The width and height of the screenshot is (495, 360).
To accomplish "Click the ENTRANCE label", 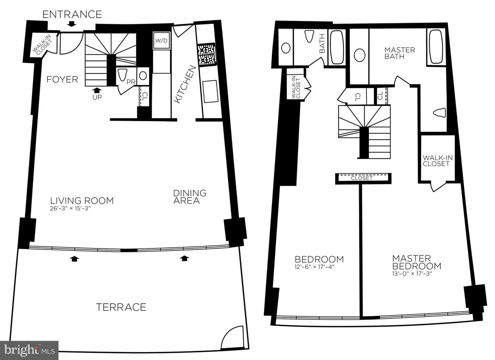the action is click(72, 14).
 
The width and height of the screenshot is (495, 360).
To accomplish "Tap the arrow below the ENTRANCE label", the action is click(71, 24).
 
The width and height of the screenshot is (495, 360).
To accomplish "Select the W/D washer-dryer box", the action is click(162, 41).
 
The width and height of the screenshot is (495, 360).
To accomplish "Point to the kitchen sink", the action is click(210, 91).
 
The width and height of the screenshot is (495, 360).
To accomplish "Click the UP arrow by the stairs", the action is click(97, 90).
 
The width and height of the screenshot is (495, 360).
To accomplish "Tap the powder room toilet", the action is click(123, 75).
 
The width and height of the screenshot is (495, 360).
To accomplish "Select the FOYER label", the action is click(62, 79).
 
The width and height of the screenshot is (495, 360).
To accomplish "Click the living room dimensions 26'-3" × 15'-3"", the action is click(70, 208).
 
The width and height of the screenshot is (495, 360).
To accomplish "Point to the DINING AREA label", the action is click(190, 197).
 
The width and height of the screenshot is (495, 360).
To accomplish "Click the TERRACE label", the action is click(121, 307).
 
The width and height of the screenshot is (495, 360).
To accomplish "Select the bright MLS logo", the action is click(29, 350).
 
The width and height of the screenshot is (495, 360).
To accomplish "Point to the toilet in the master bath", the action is click(440, 113).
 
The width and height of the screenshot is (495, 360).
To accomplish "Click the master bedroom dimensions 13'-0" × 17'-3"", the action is click(412, 274).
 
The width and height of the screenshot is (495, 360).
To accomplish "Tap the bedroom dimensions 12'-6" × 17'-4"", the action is click(314, 267).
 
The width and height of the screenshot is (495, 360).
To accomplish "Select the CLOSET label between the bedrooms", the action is click(362, 178).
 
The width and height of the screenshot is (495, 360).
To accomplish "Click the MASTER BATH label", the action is click(399, 53).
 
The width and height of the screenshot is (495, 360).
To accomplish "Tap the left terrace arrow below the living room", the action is click(74, 259).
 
